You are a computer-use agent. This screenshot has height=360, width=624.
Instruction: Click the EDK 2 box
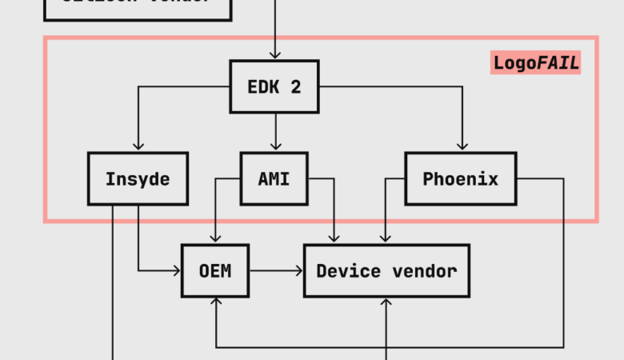coord(274,86)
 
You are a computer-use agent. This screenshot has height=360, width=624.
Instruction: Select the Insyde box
coord(138,178)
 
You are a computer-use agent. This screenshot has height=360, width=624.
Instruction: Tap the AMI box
coord(274,178)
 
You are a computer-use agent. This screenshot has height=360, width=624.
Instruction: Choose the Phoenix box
coord(460,178)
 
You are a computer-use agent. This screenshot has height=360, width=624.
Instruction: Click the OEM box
coord(215,270)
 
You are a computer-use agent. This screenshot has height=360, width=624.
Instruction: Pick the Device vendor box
coord(386,270)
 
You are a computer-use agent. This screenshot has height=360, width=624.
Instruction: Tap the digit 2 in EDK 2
coord(296,87)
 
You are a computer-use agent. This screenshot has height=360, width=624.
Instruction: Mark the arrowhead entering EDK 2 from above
coord(274,55)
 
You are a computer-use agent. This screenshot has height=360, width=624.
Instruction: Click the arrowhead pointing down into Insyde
coord(138,146)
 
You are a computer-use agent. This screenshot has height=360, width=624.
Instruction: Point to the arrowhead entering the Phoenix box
coord(462,146)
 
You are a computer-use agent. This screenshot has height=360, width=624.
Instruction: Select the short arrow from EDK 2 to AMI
coord(274,131)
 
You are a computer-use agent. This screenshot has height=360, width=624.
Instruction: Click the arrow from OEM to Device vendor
coord(276,270)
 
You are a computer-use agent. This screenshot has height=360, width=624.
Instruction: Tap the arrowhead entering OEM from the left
coord(177,270)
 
